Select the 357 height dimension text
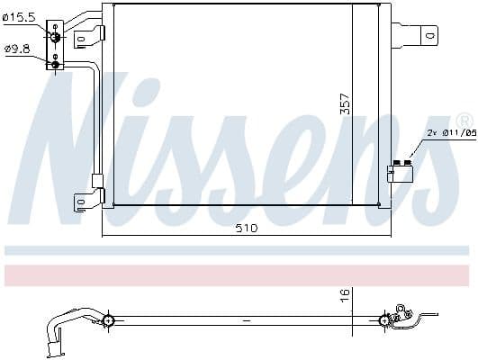pos(344,103)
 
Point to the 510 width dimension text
pos(246,229)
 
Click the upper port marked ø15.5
pos(57,35)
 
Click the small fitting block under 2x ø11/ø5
pos(399,171)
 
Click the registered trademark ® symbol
pos(463,120)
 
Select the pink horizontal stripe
pos(239,275)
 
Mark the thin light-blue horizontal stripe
pos(239,250)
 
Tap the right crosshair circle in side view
pos(385,319)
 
